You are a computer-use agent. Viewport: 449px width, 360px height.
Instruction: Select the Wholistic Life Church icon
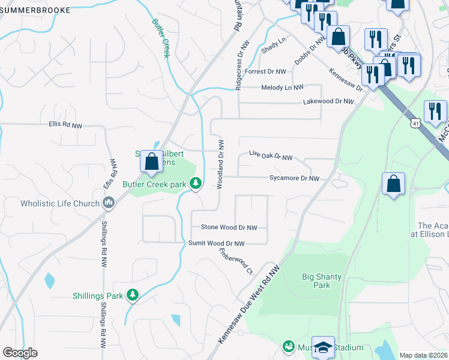coord(108,203)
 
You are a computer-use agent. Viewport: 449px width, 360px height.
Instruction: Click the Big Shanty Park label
coord(322,281)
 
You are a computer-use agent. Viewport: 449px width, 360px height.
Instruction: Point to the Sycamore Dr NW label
coord(294,178)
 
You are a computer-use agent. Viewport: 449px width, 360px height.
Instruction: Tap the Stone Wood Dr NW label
coord(229,228)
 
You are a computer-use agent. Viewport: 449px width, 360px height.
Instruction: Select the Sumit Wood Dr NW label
coord(217,244)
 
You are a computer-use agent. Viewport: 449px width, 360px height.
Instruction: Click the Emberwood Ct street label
coord(237,262)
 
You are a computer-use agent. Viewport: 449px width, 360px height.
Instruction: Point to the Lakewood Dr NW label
coord(328,102)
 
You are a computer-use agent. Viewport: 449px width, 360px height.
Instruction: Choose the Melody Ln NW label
coord(282,88)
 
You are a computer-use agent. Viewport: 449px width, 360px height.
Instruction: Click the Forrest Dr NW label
coord(265,71)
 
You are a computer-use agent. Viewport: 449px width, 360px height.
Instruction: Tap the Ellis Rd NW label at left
coord(65,125)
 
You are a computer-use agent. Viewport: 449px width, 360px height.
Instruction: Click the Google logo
coord(20,353)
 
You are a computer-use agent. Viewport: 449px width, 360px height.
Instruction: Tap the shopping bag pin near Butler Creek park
coord(152,161)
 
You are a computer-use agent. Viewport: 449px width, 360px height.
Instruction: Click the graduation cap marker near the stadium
coord(323,347)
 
